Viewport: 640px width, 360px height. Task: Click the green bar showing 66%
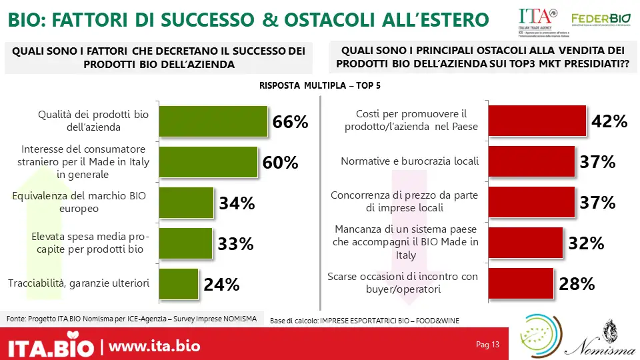[213, 121]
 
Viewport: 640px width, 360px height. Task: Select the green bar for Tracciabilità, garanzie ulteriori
[179, 284]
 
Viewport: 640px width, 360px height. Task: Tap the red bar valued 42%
[537, 121]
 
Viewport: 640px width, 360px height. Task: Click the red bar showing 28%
[521, 284]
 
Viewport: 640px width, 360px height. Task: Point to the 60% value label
[280, 163]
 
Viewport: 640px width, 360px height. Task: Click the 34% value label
[237, 203]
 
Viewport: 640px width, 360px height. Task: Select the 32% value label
[586, 244]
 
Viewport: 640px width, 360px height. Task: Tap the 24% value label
[221, 285]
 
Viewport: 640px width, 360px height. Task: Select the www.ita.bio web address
[154, 347]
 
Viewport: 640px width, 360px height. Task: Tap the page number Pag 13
[487, 345]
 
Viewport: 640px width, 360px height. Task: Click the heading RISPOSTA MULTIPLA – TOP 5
[320, 86]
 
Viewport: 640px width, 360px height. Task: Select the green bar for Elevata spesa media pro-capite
[185, 243]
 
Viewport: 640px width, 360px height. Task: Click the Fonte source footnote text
[131, 319]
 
